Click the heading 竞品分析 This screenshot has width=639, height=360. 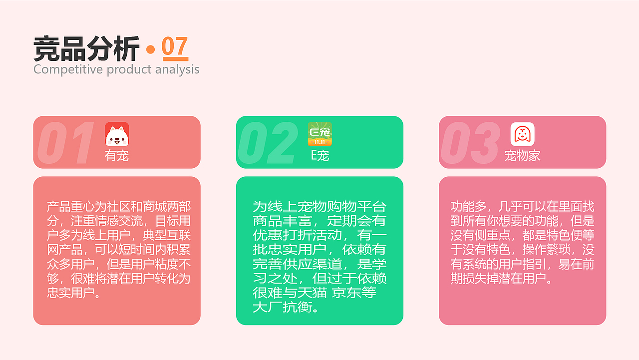(x=86, y=49)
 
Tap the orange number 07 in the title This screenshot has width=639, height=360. (x=175, y=47)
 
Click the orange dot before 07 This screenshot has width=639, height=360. (x=150, y=49)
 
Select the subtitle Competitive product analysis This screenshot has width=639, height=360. (x=116, y=69)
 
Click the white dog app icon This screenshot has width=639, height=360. (x=117, y=134)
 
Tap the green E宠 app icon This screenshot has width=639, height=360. (x=319, y=134)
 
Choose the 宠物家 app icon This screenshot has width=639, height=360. (x=522, y=134)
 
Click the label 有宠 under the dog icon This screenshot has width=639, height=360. (x=117, y=156)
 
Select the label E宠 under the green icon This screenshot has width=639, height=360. (x=319, y=156)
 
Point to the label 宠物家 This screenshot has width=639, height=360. (x=522, y=156)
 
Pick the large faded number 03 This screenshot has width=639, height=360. (x=470, y=143)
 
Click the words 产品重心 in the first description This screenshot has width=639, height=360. (x=70, y=207)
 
